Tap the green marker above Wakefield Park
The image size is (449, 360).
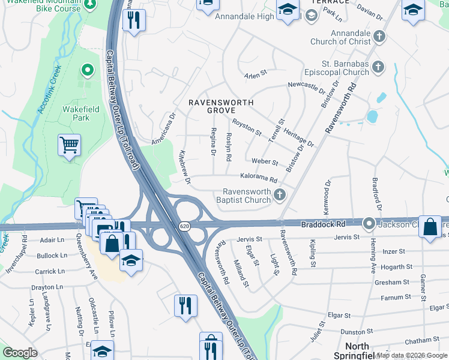tap(87, 71)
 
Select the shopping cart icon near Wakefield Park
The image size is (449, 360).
tap(69, 145)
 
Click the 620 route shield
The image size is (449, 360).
tap(184, 226)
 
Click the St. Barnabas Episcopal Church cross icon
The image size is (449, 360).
tap(378, 67)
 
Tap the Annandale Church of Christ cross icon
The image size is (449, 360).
tap(379, 36)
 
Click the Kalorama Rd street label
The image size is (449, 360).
tap(259, 178)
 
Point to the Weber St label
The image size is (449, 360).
tap(265, 162)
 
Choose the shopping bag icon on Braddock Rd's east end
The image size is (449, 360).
tap(430, 227)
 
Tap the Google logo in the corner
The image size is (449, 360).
tap(20, 353)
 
